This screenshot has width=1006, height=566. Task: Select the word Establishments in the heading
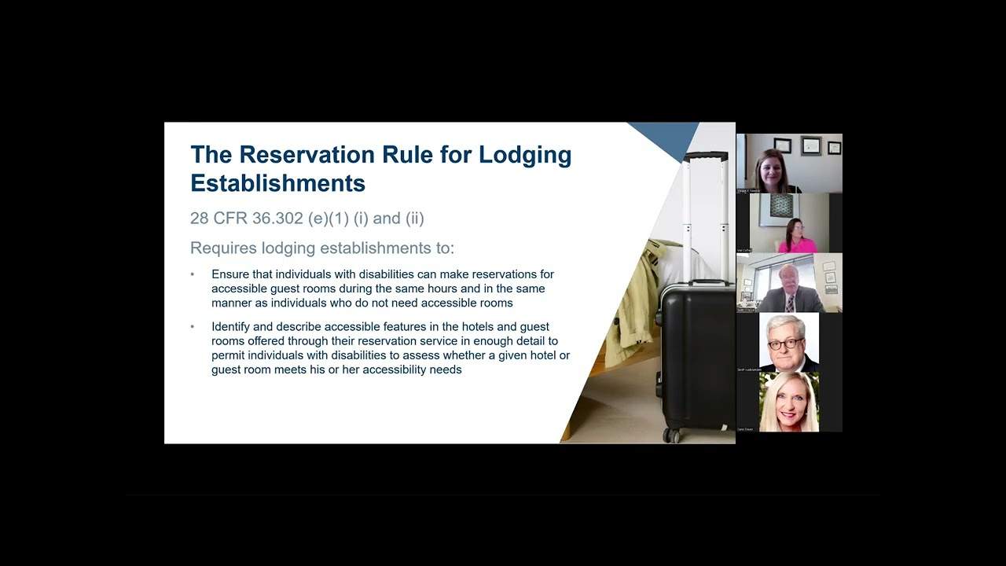coord(277,183)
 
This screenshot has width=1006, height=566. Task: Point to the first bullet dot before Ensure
coord(193,274)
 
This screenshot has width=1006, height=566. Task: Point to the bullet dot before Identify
coord(193,326)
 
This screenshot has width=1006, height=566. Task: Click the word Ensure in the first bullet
coord(230,274)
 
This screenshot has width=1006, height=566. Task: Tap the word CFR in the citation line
coord(231,218)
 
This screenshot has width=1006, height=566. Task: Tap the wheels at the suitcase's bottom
coord(672,435)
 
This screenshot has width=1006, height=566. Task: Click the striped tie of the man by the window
coord(790,303)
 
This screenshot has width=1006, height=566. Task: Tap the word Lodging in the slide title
coord(525,154)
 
